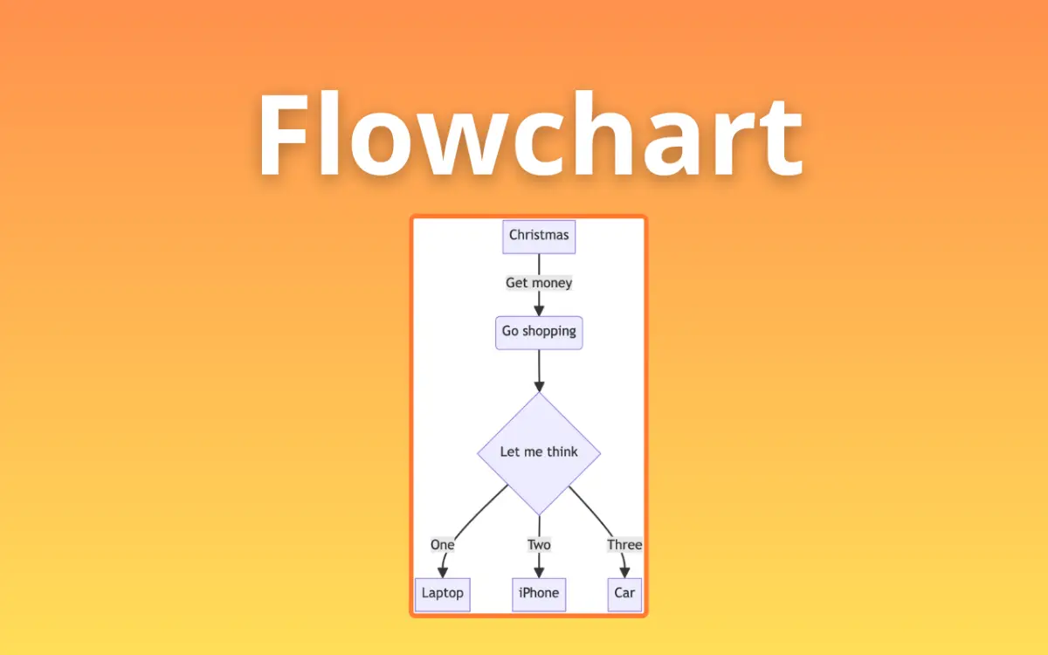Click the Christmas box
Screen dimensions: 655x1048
tap(539, 236)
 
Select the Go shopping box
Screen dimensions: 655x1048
tap(539, 332)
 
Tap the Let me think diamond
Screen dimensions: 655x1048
tap(539, 452)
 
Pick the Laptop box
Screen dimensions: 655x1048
tap(442, 594)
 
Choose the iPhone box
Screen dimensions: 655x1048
tap(539, 594)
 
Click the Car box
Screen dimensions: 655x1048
tap(624, 594)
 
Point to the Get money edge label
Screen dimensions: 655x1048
tap(539, 283)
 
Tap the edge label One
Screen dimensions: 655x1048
tap(442, 545)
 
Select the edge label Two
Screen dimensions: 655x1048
tap(539, 545)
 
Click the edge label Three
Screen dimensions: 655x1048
tap(624, 545)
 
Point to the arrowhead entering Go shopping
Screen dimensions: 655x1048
tap(539, 309)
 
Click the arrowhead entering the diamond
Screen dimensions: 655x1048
tap(539, 385)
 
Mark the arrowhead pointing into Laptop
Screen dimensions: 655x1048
tap(442, 571)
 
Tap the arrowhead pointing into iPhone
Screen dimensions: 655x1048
tap(539, 571)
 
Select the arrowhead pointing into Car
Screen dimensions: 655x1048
tap(624, 571)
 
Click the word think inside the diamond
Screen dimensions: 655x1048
tap(562, 452)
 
